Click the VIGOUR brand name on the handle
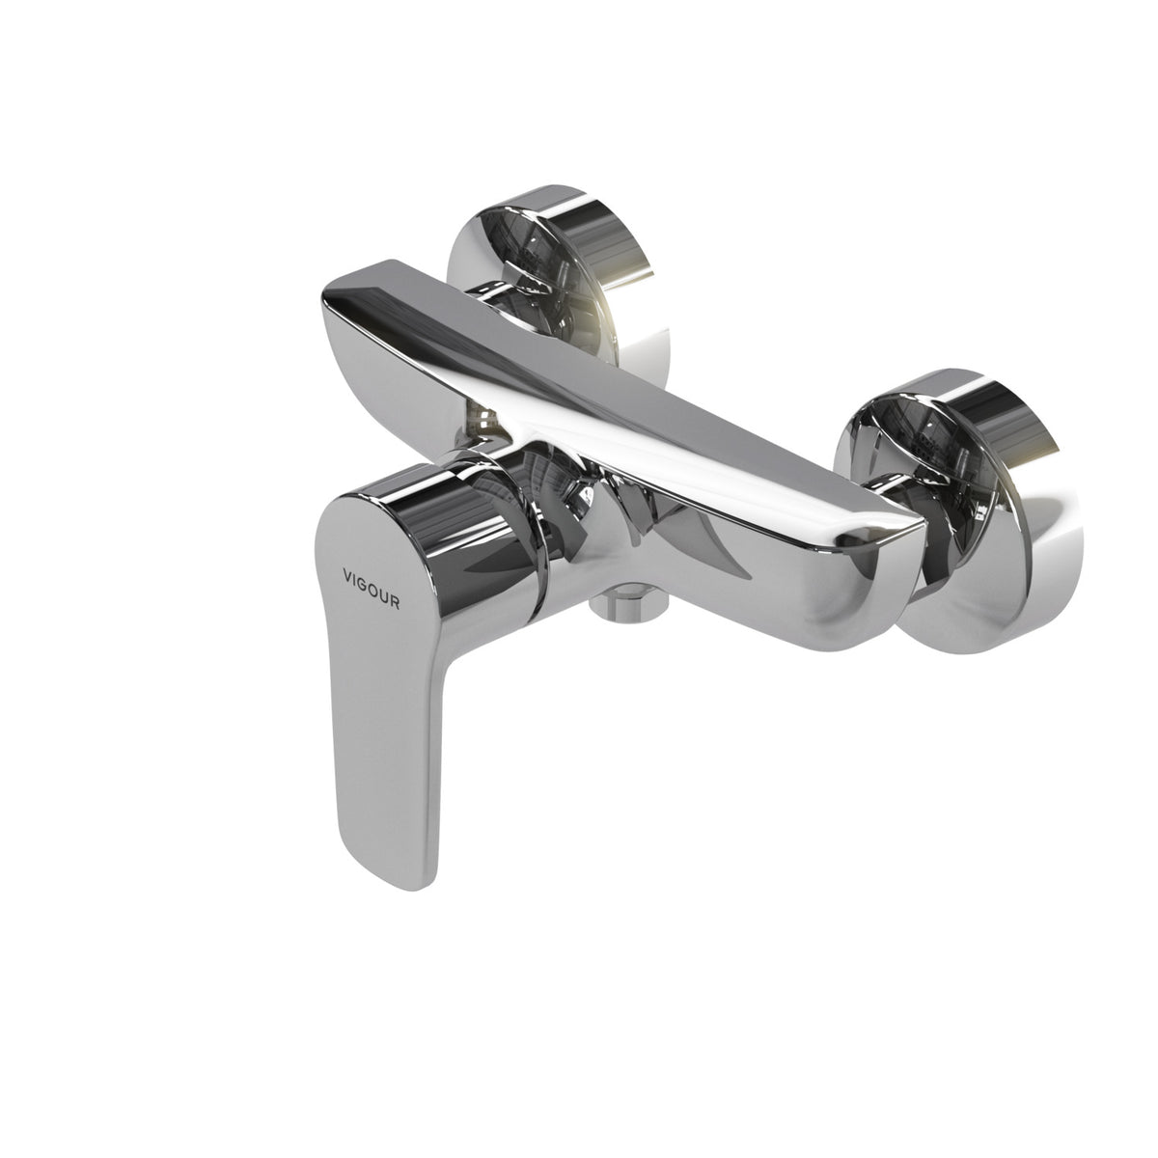(x=371, y=589)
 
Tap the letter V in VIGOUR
(x=347, y=575)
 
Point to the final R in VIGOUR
(x=395, y=603)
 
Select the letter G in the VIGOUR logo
(x=363, y=584)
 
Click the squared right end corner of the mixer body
(x=924, y=523)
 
